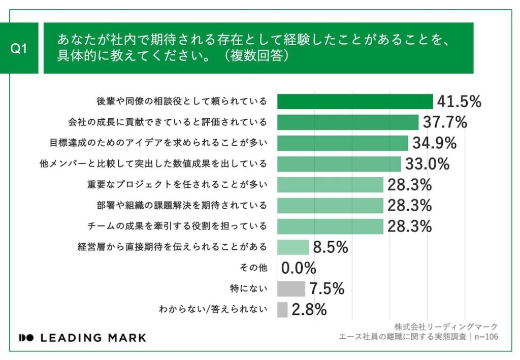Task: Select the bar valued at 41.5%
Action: coord(354,102)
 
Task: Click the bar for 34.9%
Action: coord(342,143)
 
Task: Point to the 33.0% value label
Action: coord(427,164)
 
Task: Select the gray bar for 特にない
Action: coord(291,289)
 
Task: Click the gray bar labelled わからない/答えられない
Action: coord(282,310)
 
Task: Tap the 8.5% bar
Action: coord(293,247)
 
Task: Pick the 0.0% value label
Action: coord(299,268)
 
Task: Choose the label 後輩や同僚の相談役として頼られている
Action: coord(181,102)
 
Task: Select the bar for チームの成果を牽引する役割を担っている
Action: coord(330,226)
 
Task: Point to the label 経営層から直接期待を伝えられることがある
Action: coord(172,247)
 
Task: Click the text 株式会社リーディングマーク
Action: coord(445,326)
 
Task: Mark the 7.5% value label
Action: coord(327,289)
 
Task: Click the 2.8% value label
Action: coord(309,310)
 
